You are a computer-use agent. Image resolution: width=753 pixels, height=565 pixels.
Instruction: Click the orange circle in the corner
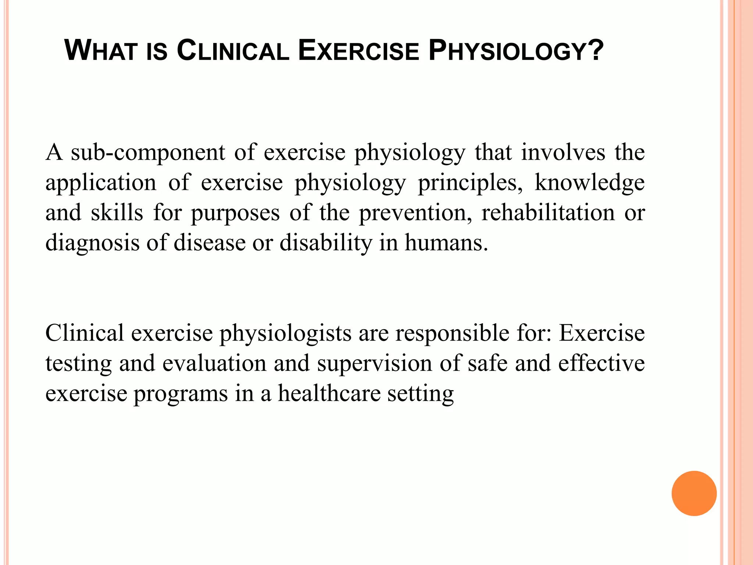694,493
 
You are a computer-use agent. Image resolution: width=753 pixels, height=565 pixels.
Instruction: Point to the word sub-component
148,153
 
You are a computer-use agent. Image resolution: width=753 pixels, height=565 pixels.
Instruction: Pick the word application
101,183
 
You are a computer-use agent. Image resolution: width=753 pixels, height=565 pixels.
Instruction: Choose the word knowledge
589,182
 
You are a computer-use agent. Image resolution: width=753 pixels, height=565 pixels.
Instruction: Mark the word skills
117,213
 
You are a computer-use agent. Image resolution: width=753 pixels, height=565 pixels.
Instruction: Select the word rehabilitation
548,213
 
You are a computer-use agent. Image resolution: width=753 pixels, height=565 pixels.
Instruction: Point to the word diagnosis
92,244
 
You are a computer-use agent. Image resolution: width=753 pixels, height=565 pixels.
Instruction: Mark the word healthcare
329,394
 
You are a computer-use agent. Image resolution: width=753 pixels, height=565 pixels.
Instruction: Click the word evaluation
214,363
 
